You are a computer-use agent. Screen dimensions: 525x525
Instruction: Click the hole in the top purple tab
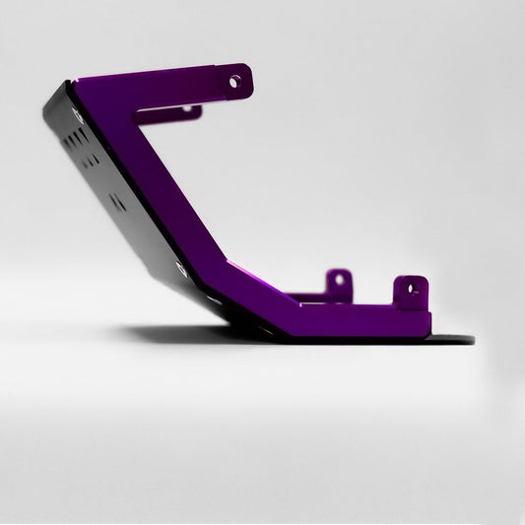[235, 81]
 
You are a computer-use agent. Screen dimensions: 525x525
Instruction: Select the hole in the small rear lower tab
[338, 280]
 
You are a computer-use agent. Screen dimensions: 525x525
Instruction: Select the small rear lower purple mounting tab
[338, 282]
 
